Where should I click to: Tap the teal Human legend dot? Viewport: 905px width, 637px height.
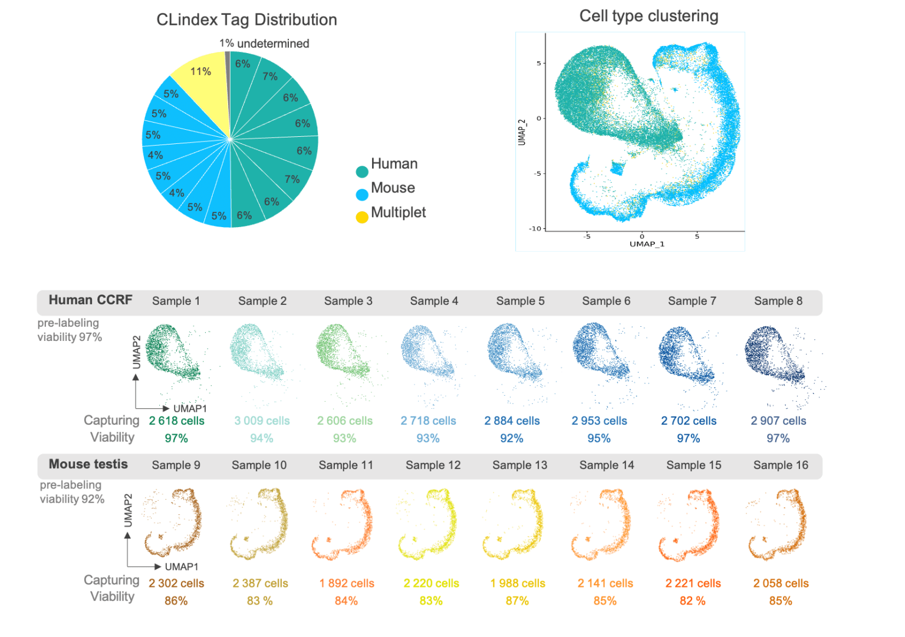(362, 172)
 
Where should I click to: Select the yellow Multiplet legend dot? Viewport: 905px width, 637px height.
(362, 217)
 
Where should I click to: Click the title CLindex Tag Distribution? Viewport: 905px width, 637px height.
(246, 20)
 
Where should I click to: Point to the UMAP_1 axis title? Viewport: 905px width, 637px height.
(647, 244)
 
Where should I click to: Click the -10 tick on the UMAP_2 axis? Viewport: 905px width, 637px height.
(535, 228)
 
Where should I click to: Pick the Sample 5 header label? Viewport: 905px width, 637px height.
(520, 301)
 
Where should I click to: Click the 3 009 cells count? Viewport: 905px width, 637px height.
(262, 421)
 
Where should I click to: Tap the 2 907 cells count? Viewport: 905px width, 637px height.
(778, 421)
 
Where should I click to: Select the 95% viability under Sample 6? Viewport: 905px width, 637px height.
(599, 438)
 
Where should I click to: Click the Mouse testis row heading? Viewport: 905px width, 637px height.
(88, 464)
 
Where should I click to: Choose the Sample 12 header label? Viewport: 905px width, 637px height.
(433, 465)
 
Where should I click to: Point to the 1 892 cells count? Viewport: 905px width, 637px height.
(347, 583)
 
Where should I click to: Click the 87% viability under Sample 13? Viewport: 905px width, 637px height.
(517, 600)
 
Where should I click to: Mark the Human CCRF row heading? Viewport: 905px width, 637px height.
(90, 300)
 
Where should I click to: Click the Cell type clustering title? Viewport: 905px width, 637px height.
(649, 16)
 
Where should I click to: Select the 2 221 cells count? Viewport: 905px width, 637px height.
(693, 583)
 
